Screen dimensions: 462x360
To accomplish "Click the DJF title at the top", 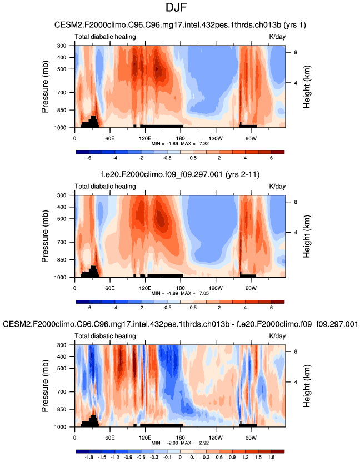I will [179, 9].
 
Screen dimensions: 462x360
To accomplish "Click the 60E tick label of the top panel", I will [109, 138].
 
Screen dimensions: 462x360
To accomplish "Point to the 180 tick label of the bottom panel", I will [180, 438].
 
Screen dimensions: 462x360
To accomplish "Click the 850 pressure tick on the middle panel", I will [61, 260].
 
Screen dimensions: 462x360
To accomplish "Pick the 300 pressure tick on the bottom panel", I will [61, 345].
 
